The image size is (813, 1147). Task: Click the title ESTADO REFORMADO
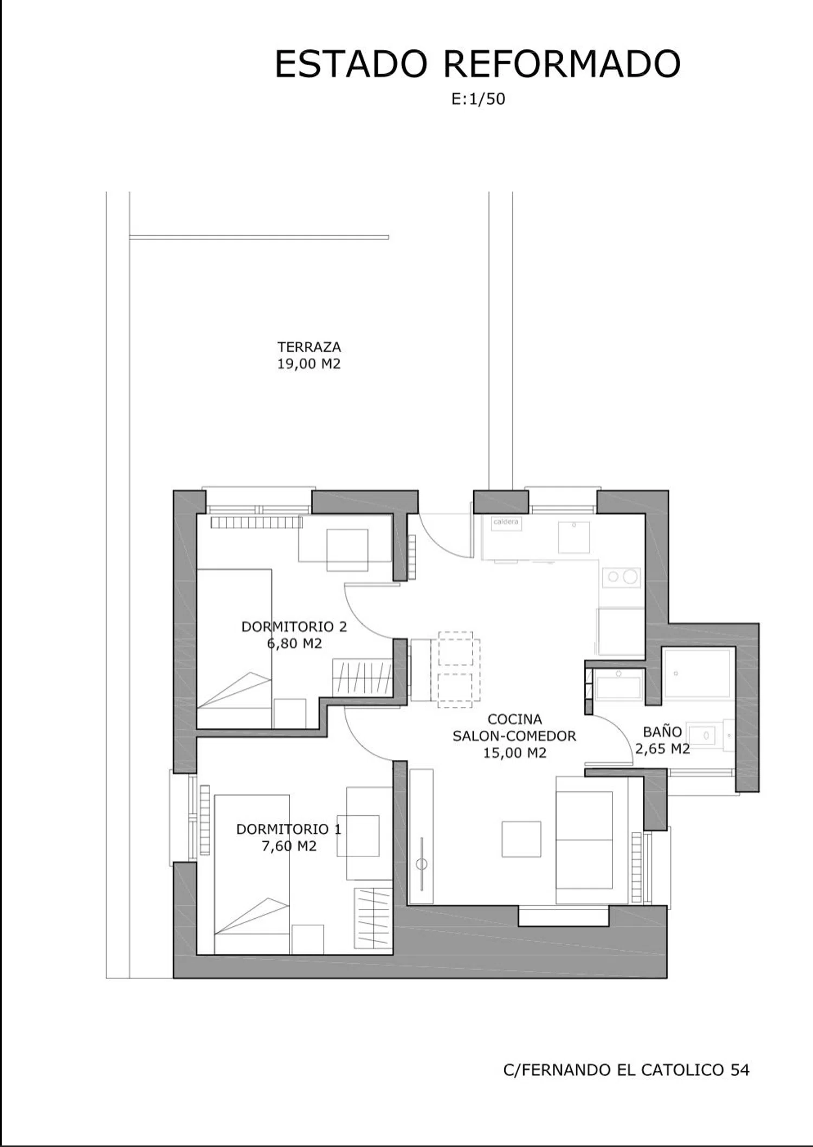point(478,64)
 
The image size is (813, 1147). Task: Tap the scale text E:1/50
point(478,99)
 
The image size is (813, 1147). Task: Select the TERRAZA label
point(309,346)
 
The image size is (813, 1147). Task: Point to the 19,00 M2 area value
point(309,364)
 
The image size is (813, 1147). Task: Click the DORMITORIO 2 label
point(294,627)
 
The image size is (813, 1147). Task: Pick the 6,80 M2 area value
point(294,643)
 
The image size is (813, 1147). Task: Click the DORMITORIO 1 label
point(289,829)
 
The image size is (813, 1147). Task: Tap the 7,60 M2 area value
point(289,846)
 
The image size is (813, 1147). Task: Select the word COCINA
point(515,719)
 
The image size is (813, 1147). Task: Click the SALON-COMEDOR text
point(514,736)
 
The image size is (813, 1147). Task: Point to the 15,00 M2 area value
point(515,753)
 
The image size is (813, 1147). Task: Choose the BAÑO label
point(662,731)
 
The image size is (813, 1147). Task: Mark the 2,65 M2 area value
point(662,749)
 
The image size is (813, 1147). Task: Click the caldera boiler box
point(506,523)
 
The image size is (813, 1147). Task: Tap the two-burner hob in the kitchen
point(622,577)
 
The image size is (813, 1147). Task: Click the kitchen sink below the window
point(573,537)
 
